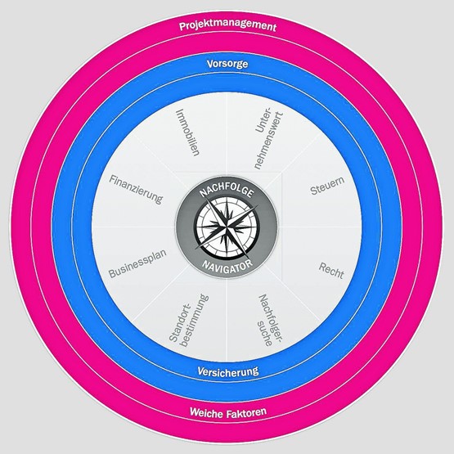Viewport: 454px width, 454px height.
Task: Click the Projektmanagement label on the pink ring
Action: pyautogui.click(x=228, y=26)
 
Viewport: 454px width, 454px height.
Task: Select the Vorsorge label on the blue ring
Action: pyautogui.click(x=227, y=64)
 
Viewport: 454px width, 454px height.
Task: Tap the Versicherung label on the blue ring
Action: pyautogui.click(x=228, y=371)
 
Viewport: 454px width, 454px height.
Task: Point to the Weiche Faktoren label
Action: pyautogui.click(x=228, y=412)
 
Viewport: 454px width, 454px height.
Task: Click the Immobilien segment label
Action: pyautogui.click(x=188, y=133)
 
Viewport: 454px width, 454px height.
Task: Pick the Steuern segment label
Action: pyautogui.click(x=327, y=186)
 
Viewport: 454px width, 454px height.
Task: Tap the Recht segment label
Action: pyautogui.click(x=331, y=271)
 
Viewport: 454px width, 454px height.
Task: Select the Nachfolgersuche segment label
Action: pyautogui.click(x=270, y=320)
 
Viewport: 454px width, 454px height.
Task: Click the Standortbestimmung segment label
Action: pyautogui.click(x=189, y=321)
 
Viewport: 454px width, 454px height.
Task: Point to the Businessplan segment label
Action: pyautogui.click(x=137, y=263)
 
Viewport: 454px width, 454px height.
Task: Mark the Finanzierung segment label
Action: pyautogui.click(x=136, y=190)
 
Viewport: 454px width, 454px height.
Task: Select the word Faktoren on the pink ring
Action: pyautogui.click(x=246, y=412)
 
